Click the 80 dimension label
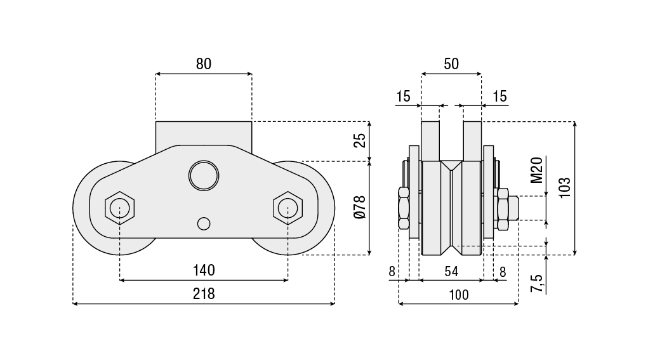(203, 63)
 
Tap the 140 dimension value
(204, 270)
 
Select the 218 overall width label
(204, 294)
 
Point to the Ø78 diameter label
(360, 208)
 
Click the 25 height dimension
(360, 140)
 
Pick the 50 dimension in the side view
(451, 63)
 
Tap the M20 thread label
(536, 170)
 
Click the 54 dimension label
(451, 272)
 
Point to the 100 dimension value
(458, 295)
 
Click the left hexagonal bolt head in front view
(119, 207)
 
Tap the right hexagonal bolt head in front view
(288, 207)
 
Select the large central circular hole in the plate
(203, 175)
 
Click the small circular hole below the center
(203, 223)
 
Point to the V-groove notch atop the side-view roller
(451, 166)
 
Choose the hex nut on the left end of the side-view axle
(403, 208)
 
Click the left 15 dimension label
(403, 97)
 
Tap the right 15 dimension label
(499, 97)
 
